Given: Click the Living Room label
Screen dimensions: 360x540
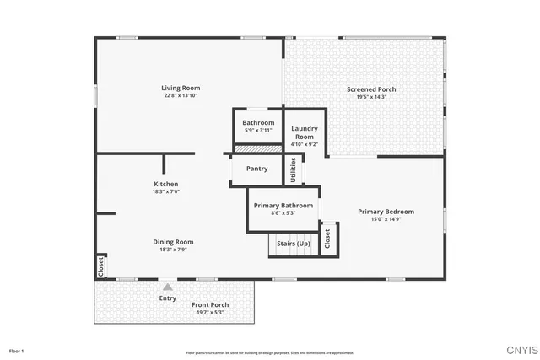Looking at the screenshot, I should (x=181, y=88).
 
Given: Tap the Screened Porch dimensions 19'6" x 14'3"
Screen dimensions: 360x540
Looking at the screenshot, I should (x=371, y=97).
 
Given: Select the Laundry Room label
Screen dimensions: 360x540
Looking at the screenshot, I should (x=305, y=132).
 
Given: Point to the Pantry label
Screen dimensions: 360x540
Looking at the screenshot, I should (x=257, y=169).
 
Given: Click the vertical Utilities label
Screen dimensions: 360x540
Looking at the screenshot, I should (x=293, y=170).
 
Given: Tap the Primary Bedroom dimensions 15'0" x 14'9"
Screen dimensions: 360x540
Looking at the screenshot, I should (x=386, y=220).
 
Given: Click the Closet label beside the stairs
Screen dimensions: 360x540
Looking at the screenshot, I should (x=327, y=239).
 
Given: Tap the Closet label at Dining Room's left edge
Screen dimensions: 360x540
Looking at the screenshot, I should (x=100, y=266).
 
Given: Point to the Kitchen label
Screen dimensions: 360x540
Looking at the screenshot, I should (x=165, y=184).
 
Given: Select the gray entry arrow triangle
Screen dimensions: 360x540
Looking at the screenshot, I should (x=167, y=287).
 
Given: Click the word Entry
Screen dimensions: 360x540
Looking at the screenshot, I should (x=167, y=298).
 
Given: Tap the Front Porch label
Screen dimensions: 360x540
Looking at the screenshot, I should (x=210, y=304).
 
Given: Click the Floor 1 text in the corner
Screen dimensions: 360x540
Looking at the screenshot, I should (x=16, y=350).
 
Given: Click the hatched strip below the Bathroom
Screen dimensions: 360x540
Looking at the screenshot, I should (x=257, y=148).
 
